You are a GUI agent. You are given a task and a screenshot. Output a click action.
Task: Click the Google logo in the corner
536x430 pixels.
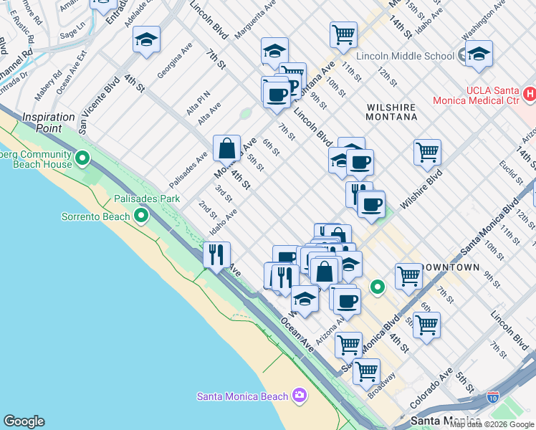[24, 421]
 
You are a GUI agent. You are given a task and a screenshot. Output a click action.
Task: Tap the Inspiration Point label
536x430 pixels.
[49, 117]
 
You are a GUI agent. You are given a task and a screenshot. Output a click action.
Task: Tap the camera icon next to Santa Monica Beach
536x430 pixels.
[300, 396]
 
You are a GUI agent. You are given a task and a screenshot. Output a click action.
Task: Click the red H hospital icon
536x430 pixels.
[530, 94]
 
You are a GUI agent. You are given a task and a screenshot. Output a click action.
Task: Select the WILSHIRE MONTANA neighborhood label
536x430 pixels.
[391, 112]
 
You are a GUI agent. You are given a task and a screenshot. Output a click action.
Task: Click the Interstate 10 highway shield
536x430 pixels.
[492, 396]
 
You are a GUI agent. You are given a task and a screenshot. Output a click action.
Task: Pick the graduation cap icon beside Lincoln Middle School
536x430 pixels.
[478, 54]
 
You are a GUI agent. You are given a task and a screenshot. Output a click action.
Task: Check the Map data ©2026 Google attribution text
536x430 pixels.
[492, 424]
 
